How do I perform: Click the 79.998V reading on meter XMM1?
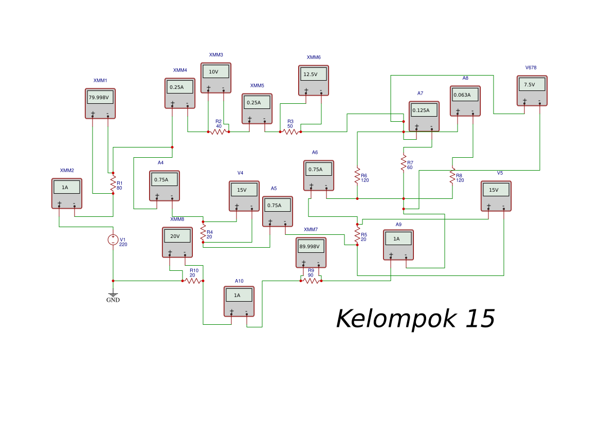[100, 97]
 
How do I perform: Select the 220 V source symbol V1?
[113, 239]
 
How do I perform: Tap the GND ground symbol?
[113, 297]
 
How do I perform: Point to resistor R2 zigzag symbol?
[218, 132]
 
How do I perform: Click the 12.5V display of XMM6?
[313, 74]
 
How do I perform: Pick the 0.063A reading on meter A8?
[465, 95]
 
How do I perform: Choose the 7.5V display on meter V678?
[532, 84]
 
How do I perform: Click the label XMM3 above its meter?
[216, 55]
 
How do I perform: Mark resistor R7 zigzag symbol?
[404, 163]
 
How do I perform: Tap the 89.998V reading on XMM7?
[311, 246]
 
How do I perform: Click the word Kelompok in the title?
[395, 319]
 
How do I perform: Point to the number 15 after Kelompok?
[480, 319]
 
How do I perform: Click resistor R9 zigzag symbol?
[311, 281]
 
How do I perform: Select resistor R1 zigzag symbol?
[113, 183]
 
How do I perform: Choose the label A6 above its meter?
[315, 153]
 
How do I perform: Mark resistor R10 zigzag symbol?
[193, 281]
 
